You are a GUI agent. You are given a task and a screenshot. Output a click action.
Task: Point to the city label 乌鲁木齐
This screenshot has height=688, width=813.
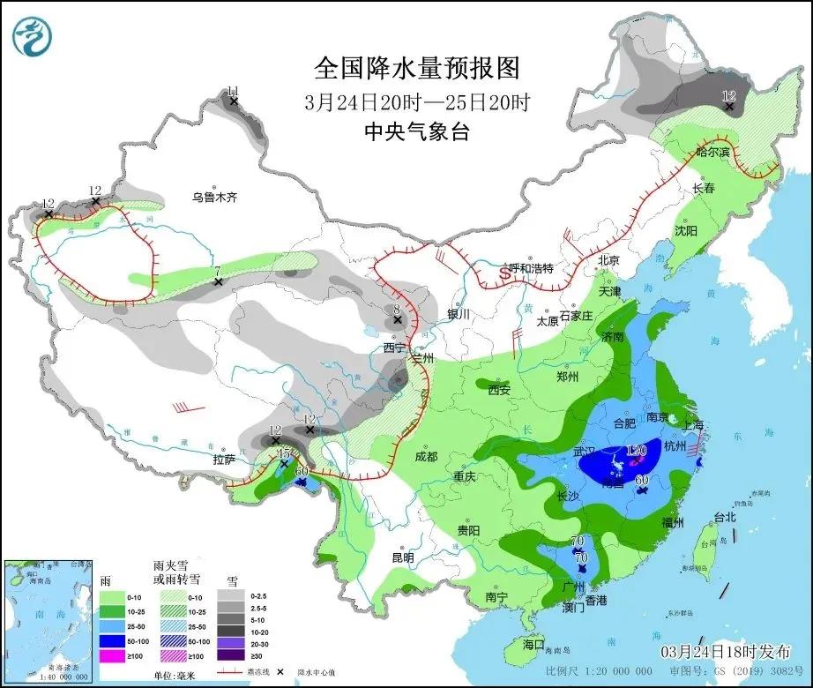coord(215,198)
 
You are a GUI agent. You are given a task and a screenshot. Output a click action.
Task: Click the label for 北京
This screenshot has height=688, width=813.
coord(609,260)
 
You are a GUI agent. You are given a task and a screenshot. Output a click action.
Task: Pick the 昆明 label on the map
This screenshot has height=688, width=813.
coord(402,557)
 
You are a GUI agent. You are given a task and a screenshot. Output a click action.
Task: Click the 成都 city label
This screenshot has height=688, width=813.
coord(426,456)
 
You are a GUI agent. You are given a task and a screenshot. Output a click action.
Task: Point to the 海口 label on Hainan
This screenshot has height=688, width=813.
coord(534,643)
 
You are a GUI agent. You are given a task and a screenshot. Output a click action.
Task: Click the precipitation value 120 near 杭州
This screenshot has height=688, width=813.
coord(636,451)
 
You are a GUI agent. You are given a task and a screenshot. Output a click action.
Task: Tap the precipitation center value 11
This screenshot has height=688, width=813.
coord(234,92)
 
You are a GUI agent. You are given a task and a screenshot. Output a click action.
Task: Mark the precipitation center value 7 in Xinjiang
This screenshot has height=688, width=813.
coord(217,272)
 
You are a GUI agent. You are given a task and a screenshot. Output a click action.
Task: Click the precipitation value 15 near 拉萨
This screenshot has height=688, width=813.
coord(284,452)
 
